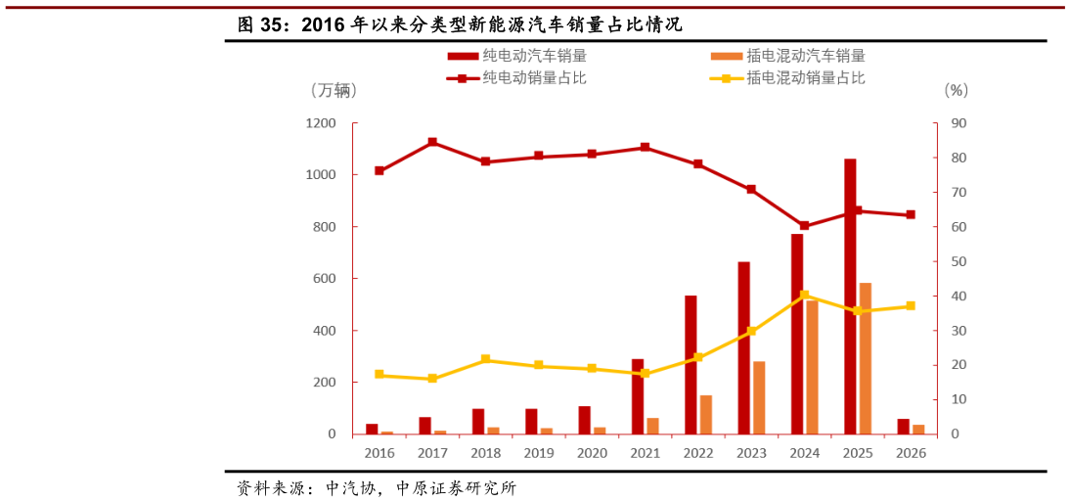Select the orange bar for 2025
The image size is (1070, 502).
click(865, 358)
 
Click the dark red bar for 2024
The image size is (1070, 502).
click(797, 334)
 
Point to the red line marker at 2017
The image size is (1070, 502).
click(432, 143)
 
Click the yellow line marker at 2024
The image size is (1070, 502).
click(804, 295)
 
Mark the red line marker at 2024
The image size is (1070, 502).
click(804, 226)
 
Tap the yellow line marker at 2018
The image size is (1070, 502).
click(485, 360)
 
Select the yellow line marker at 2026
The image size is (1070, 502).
click(911, 306)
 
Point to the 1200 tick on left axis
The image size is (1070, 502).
click(320, 123)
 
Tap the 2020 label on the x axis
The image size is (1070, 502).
click(592, 453)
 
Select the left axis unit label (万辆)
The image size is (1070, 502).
click(333, 91)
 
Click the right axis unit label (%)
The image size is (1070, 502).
click(956, 91)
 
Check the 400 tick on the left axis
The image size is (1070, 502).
click(324, 331)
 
